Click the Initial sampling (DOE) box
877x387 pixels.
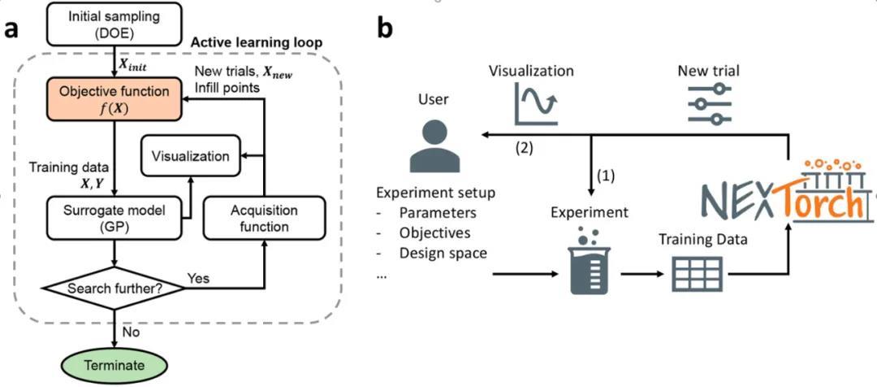[114, 24]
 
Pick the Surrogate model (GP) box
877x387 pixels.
[114, 215]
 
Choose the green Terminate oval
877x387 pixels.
[114, 365]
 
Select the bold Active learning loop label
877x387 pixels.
[257, 42]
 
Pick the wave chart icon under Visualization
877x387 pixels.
[535, 104]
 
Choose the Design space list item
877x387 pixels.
[443, 253]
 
